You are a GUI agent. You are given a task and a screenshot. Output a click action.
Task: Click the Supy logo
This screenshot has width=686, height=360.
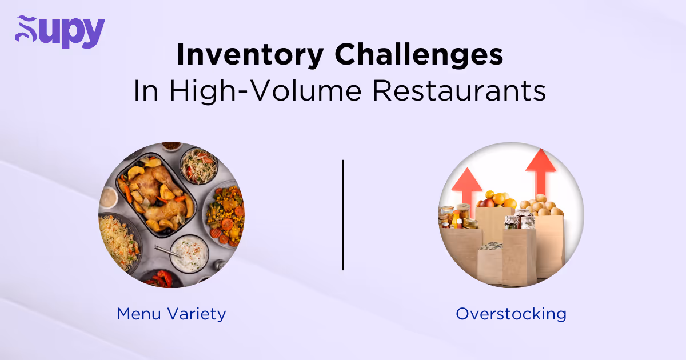click(x=60, y=32)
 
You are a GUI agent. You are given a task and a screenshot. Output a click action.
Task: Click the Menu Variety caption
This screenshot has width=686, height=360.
click(x=171, y=314)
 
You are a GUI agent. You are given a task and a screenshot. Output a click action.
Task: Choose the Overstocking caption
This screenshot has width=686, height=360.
click(x=510, y=314)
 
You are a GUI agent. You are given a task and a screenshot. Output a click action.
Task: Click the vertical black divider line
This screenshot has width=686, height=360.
click(x=343, y=215)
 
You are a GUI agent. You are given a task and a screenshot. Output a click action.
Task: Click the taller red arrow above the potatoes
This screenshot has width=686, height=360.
click(x=540, y=169)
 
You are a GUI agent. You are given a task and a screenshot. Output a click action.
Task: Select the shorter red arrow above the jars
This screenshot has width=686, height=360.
click(x=466, y=183)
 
